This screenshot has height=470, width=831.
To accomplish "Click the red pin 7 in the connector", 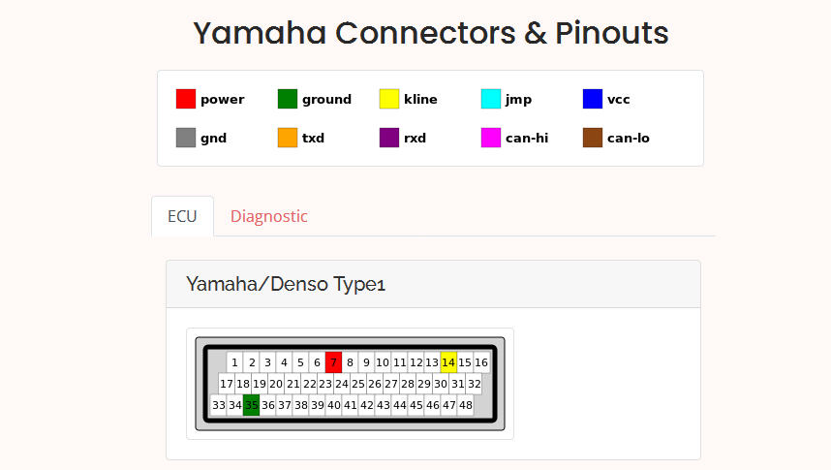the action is click(333, 362).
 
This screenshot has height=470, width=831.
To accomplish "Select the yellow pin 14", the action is click(448, 362).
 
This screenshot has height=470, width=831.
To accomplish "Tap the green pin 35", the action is click(251, 405).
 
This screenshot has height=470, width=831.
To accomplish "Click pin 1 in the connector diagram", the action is click(234, 362).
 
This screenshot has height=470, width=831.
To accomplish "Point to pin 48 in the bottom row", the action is click(465, 405).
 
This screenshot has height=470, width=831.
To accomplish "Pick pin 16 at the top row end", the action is click(481, 362).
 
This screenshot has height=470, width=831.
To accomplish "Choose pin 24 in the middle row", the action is click(342, 384).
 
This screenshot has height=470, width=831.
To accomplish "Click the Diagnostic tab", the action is click(268, 216).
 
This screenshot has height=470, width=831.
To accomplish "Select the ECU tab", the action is click(182, 216).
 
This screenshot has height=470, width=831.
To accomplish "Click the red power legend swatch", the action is click(186, 99).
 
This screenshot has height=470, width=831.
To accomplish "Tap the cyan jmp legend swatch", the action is click(491, 99).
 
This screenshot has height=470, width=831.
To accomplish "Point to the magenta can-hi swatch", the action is click(491, 138).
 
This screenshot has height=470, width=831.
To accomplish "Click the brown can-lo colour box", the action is click(593, 138).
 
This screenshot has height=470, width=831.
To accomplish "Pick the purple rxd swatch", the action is click(389, 138).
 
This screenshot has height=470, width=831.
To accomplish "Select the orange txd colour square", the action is click(288, 138).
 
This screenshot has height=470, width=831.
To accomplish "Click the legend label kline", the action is click(420, 99).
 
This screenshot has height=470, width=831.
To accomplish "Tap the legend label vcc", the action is click(619, 100).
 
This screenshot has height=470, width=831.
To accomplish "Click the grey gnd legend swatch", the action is click(186, 138).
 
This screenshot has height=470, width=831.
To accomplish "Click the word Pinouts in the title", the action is click(611, 33).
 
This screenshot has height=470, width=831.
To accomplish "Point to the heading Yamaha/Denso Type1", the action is click(286, 284).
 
